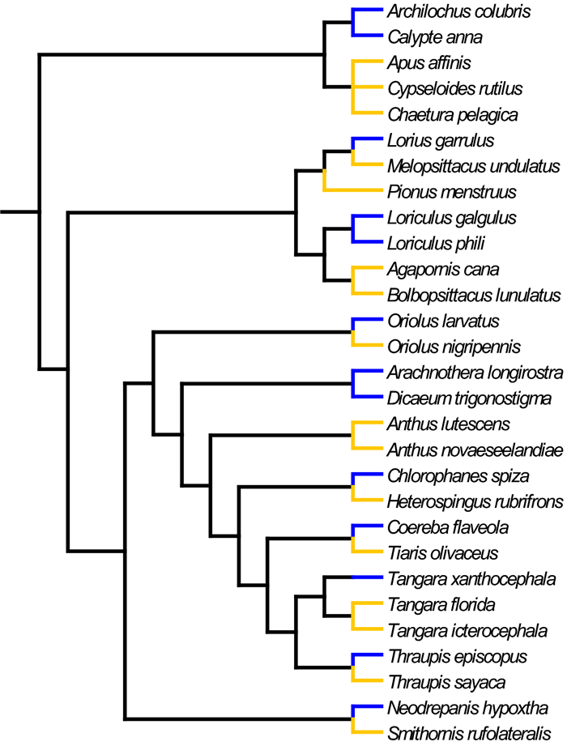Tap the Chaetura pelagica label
(x=452, y=113)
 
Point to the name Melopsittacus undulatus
(x=474, y=166)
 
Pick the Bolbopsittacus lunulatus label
(x=474, y=294)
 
